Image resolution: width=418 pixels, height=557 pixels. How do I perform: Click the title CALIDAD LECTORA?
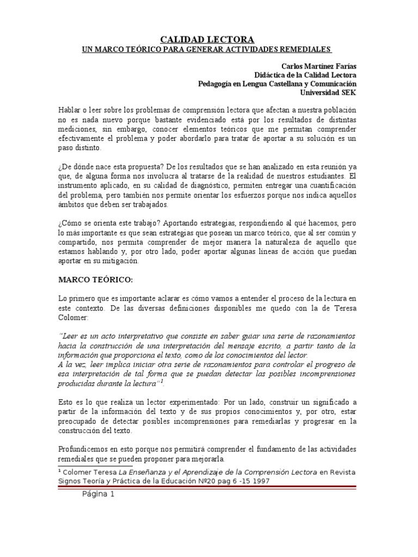pyautogui.click(x=207, y=39)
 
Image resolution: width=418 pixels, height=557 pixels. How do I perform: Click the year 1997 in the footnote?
pyautogui.click(x=259, y=481)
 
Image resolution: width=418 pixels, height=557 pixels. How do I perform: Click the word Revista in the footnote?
pyautogui.click(x=342, y=472)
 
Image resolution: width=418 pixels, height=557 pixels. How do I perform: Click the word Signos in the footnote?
pyautogui.click(x=69, y=481)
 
